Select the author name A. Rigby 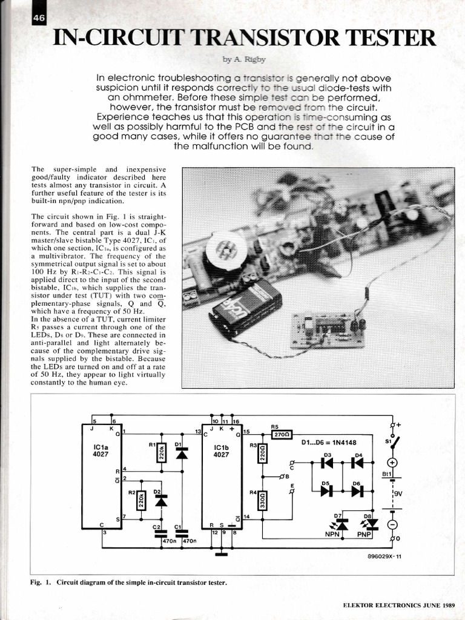(x=237, y=60)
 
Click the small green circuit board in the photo (x=326, y=330)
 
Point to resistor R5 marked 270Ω (x=283, y=434)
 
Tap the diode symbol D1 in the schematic (x=181, y=452)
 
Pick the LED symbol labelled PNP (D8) (x=371, y=523)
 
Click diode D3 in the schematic (x=328, y=463)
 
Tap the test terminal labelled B (x=282, y=477)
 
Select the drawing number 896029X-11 (x=384, y=558)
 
